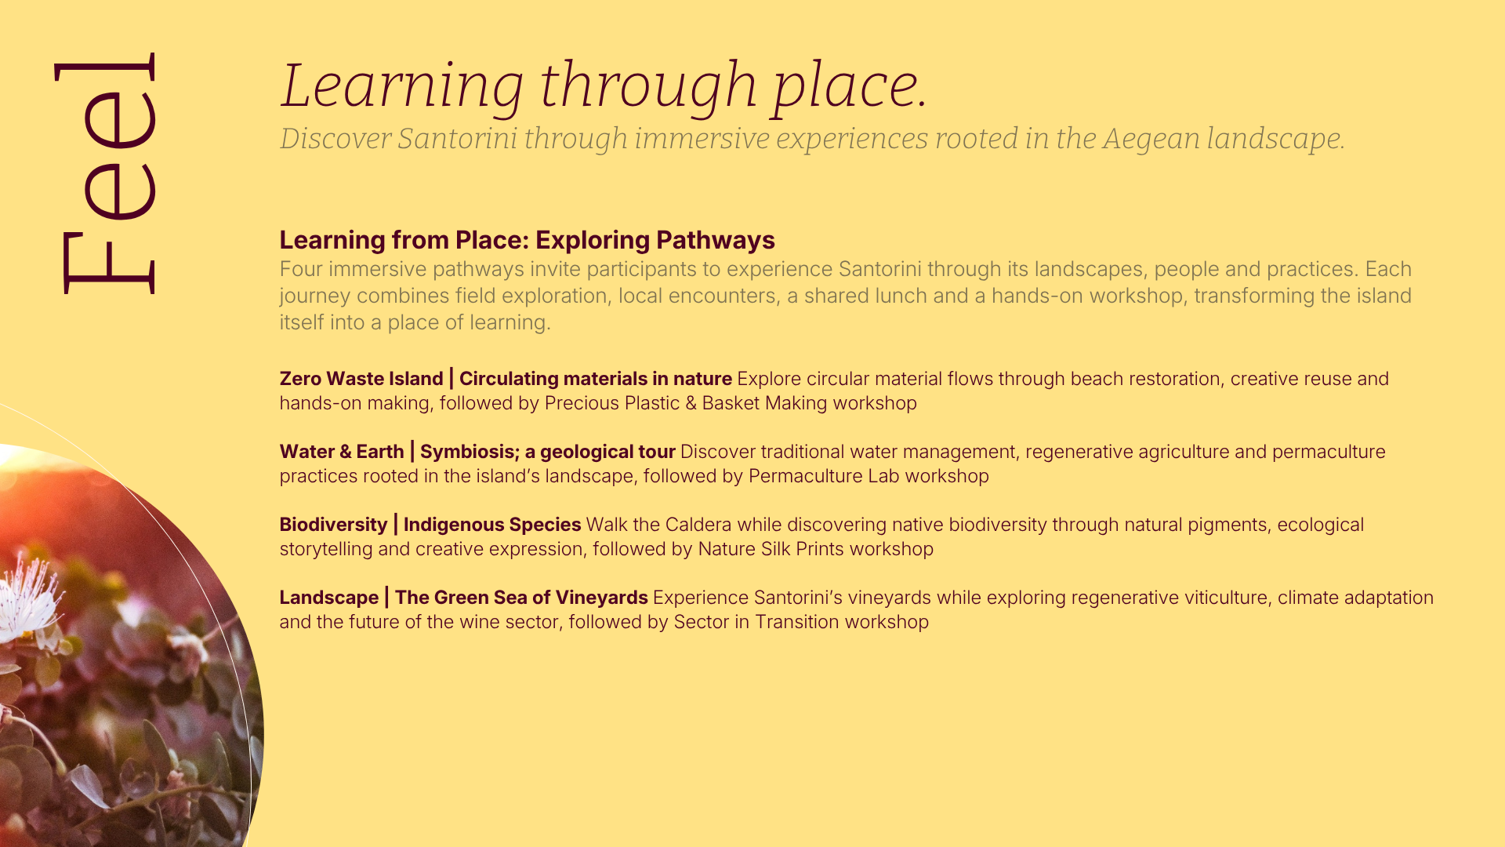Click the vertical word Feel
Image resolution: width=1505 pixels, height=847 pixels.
point(105,173)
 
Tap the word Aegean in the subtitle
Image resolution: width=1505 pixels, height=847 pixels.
point(1151,140)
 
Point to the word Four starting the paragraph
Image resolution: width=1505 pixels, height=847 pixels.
point(301,269)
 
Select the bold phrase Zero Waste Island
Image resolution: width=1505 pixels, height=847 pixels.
point(361,379)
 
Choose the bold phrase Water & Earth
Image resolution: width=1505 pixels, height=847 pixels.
point(342,452)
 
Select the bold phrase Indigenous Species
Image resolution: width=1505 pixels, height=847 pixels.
point(492,525)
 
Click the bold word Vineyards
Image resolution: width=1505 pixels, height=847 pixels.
point(602,598)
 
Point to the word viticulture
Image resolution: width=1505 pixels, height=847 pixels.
point(1227,598)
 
